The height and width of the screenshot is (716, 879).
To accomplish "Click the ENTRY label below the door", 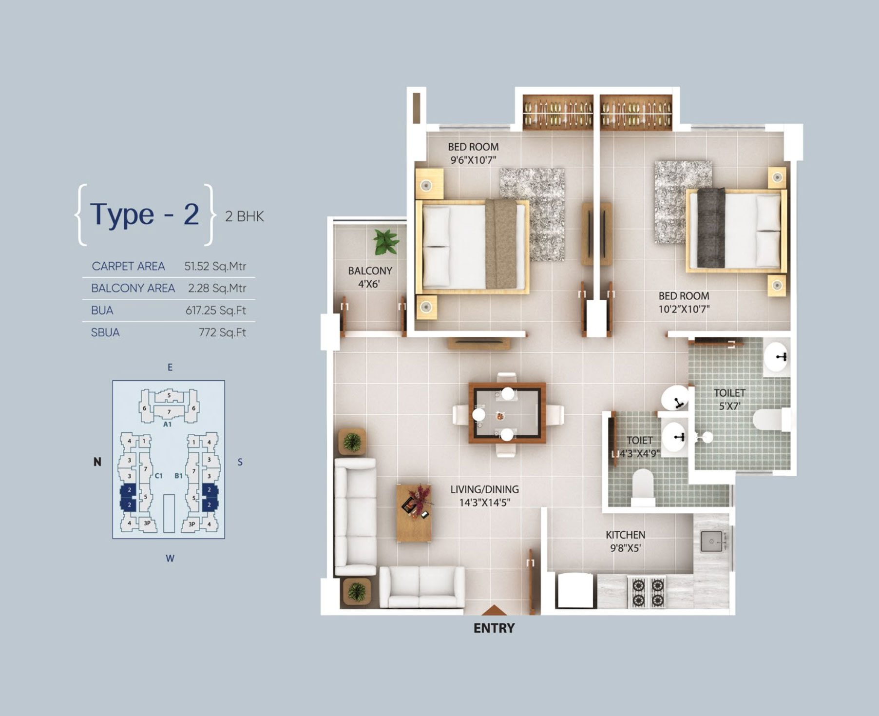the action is (x=494, y=628).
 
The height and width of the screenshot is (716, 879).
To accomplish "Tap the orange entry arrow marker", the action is (x=494, y=610).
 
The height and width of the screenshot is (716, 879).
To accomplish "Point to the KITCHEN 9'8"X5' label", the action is (x=626, y=542).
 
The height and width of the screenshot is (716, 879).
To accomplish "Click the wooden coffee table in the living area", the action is (x=414, y=513).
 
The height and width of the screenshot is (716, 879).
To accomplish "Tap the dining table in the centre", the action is (x=507, y=413).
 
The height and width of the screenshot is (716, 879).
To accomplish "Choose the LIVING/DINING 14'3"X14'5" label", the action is (x=484, y=496).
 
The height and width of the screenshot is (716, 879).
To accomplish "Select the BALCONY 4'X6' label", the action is (x=370, y=277).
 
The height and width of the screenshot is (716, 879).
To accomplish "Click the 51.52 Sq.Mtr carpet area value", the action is (x=215, y=266).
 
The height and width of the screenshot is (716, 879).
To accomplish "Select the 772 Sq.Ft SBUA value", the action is (x=222, y=332).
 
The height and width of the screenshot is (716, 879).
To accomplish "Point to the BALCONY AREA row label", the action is (x=133, y=288).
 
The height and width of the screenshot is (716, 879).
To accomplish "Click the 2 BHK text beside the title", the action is (x=245, y=216).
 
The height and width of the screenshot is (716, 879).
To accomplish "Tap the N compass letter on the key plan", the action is (x=97, y=462).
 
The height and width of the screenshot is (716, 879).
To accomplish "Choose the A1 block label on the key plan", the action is (x=167, y=424).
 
